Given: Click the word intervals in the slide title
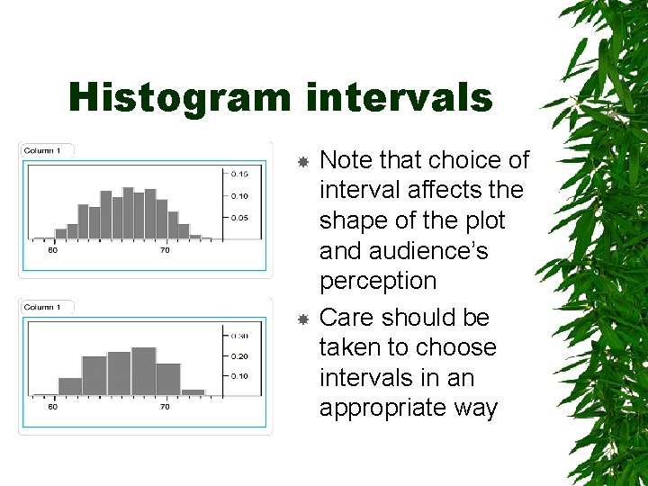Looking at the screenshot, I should tap(399, 97).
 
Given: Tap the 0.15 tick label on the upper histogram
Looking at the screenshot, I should tap(239, 173).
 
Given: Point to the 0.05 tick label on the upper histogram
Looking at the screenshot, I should tap(239, 218).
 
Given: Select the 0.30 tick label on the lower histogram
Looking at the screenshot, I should tap(239, 335).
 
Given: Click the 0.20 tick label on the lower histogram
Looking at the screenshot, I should tap(239, 355).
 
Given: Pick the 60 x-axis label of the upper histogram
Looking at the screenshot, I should tap(53, 250).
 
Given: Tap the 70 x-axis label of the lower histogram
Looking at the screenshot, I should tap(165, 407).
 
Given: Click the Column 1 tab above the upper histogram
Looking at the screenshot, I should tap(43, 150).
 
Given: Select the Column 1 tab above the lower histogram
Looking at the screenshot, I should tap(43, 307).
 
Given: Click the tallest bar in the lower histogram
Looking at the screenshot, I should tap(144, 371).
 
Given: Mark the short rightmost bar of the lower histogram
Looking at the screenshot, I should tap(193, 391).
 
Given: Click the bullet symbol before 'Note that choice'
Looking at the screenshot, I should tap(303, 161).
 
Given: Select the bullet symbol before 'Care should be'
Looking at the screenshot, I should tap(303, 318).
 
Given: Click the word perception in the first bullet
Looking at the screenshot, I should tap(378, 281).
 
